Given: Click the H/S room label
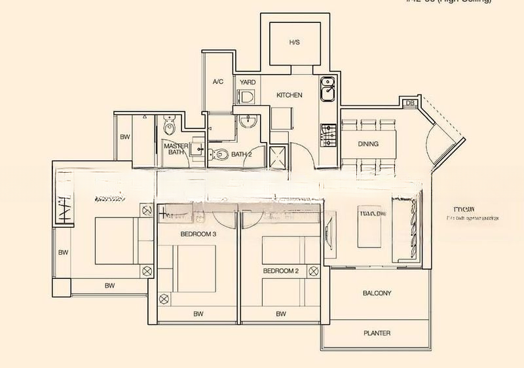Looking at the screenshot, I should [294, 43].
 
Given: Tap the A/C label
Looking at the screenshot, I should [218, 83].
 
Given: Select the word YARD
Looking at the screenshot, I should [248, 83].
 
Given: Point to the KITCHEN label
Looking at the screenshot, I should [289, 96].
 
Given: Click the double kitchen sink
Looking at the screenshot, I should [327, 89].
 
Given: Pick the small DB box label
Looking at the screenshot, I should [410, 103].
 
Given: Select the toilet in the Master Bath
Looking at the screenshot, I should [170, 124].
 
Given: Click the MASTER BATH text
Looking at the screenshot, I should [176, 149].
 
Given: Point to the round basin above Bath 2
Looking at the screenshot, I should [248, 121].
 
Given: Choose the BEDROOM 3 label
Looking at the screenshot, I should [198, 232].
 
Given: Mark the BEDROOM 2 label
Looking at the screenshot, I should [281, 270].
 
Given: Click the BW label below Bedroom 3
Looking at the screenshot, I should [198, 314].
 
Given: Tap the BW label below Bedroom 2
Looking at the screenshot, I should [281, 314].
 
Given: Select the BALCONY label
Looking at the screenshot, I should [377, 293].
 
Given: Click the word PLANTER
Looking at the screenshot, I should [377, 333].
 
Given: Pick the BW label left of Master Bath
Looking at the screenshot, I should [124, 138].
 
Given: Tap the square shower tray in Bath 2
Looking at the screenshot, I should [279, 156].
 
